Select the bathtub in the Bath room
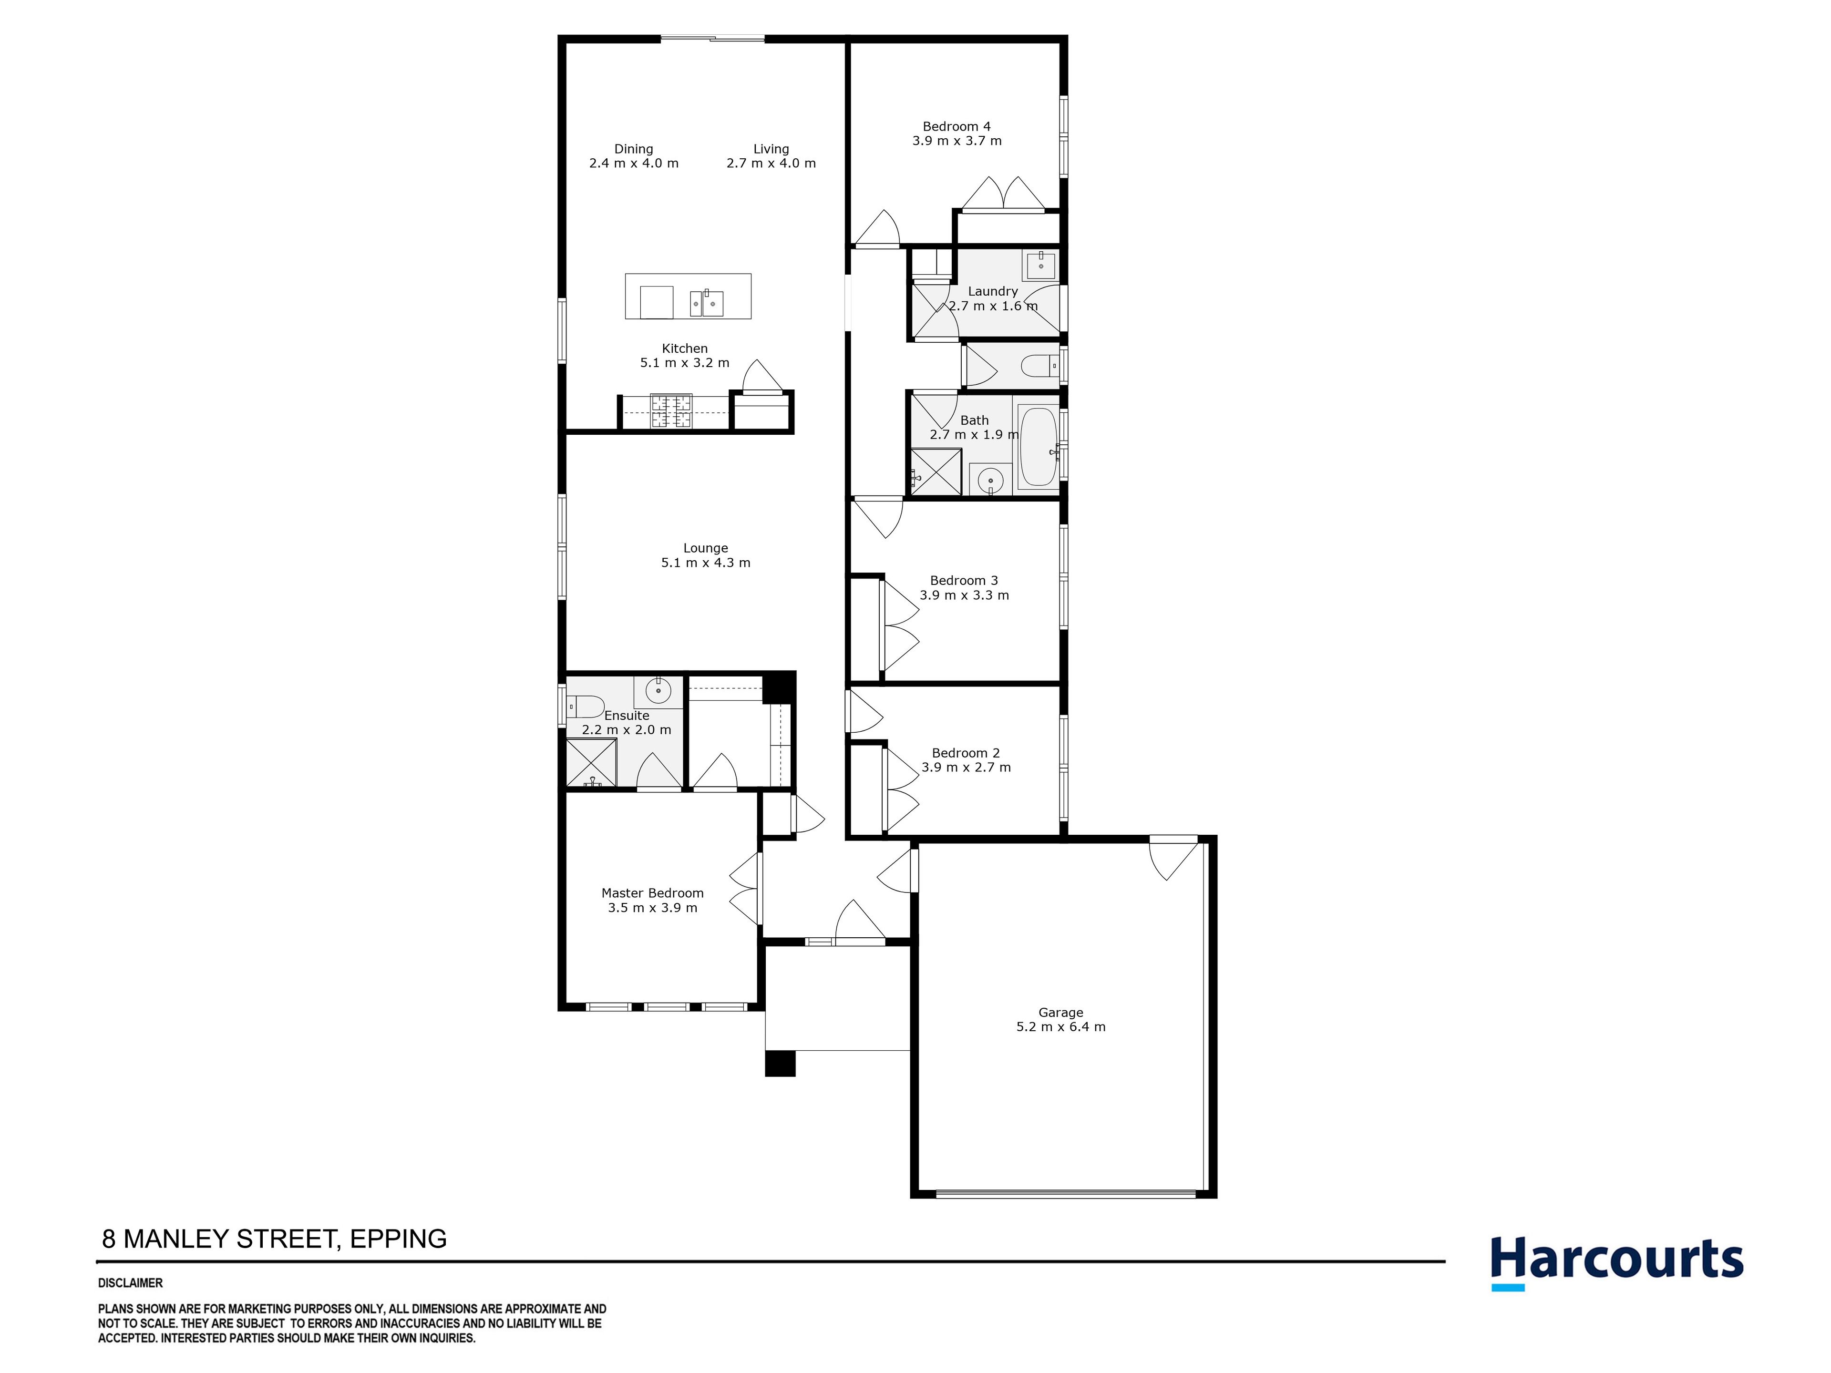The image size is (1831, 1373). point(1037,447)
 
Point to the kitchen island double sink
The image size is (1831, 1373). point(707,303)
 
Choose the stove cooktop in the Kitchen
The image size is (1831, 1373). point(670,411)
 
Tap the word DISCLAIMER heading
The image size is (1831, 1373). point(131,1283)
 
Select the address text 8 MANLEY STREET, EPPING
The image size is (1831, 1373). point(274,1239)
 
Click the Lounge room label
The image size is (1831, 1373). point(705,548)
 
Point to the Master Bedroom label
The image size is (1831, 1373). point(652,893)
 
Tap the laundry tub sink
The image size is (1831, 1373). point(1040,265)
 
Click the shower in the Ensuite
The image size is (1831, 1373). point(591,762)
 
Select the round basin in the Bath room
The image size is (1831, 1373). point(990,479)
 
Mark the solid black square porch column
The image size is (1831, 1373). point(780,1064)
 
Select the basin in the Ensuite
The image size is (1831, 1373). point(658,689)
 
